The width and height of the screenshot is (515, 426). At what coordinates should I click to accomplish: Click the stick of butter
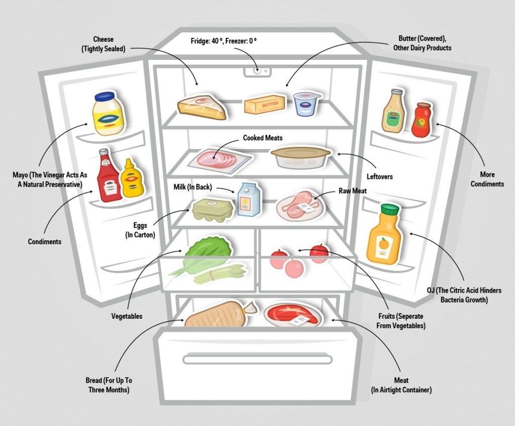(265, 104)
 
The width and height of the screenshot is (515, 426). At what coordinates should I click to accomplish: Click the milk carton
(247, 199)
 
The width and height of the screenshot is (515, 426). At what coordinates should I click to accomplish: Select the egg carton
(212, 208)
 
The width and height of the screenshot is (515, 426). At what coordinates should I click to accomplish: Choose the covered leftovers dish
(301, 157)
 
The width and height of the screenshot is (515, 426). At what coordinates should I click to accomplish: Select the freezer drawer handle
(257, 359)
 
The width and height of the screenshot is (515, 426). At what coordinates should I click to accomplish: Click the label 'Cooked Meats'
(263, 137)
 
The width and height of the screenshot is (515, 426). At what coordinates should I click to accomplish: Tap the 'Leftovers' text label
(380, 177)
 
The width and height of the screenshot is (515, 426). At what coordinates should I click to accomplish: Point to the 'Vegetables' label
(127, 316)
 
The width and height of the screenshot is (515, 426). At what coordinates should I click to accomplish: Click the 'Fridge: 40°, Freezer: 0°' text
(224, 40)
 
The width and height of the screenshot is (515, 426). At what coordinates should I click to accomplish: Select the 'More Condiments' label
(487, 179)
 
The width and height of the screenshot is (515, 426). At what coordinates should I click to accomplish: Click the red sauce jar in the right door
(421, 119)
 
